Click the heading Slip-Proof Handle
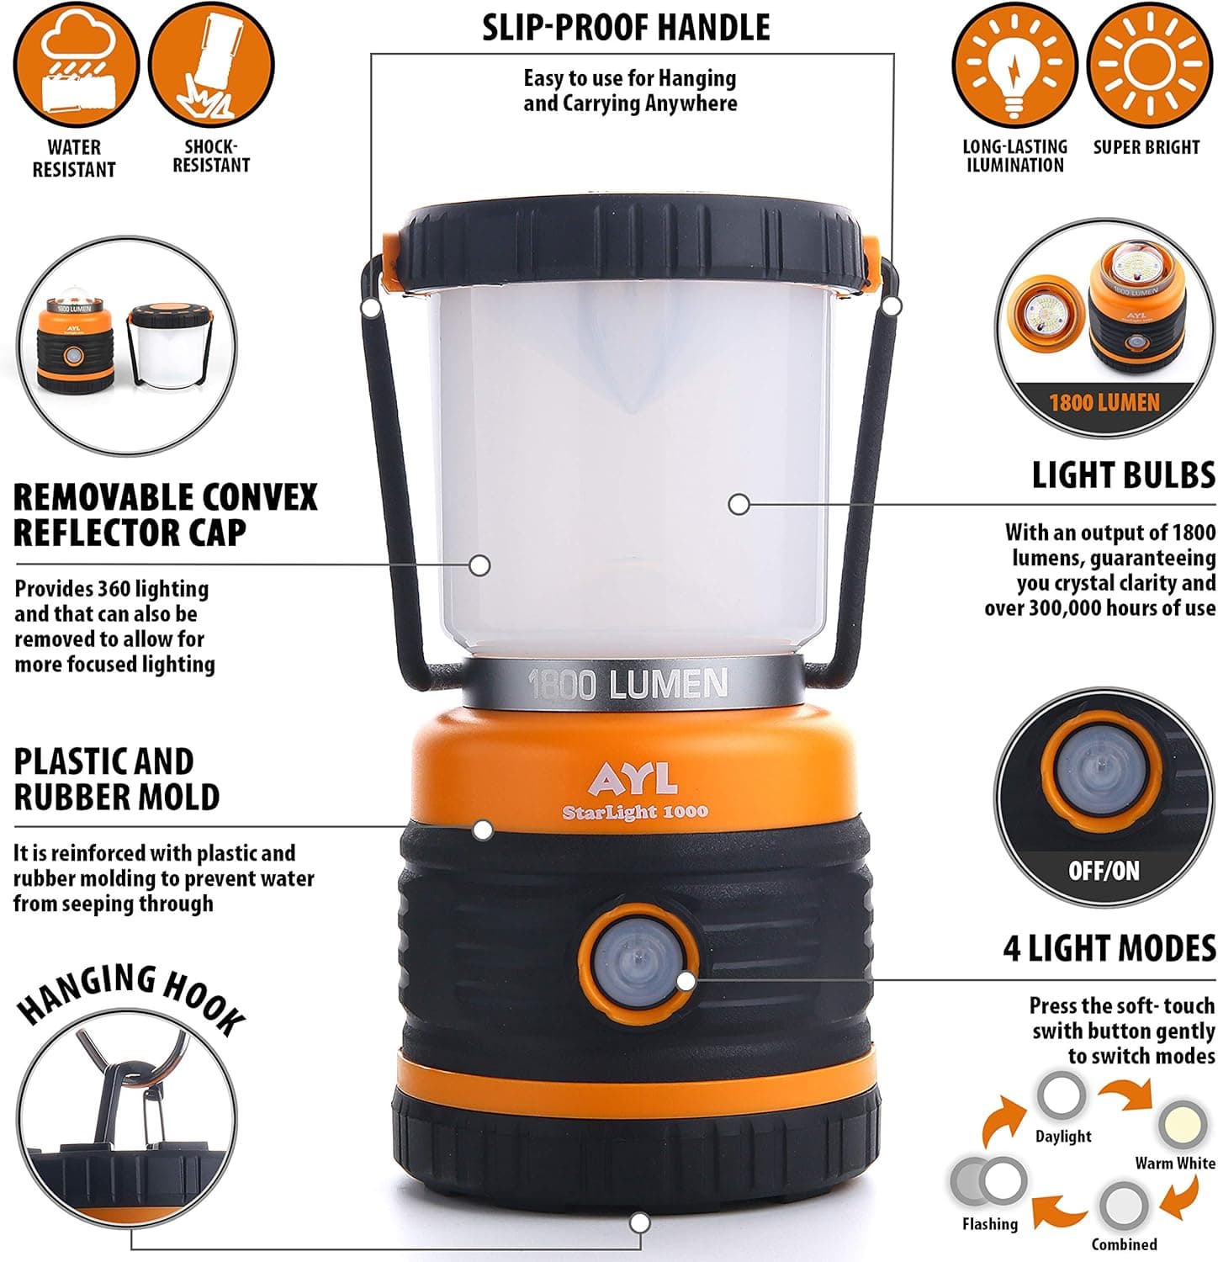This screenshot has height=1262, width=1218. pos(626,28)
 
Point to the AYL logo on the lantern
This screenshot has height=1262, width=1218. pos(633,779)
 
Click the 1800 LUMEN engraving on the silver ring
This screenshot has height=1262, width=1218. pos(628,684)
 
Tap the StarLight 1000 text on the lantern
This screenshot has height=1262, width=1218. pos(635,812)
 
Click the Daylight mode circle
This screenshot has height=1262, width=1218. pos(1062,1096)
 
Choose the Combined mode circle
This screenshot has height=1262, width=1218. pos(1123,1206)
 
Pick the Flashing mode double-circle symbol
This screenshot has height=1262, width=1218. pos(989,1181)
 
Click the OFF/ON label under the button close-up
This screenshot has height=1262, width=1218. pos(1104,870)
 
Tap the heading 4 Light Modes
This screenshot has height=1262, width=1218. pos(1109,948)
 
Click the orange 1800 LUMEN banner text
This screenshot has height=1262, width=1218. pos(1104,403)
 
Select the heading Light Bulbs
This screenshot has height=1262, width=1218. pos(1123,475)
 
